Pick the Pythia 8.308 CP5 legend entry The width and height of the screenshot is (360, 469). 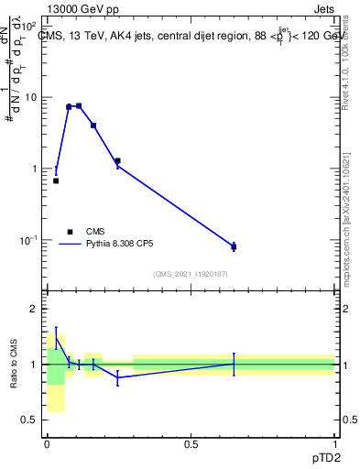point(115,245)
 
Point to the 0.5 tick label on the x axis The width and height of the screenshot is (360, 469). point(191,442)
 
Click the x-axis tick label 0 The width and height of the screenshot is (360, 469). point(47,442)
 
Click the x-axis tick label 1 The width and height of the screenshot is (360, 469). point(334,442)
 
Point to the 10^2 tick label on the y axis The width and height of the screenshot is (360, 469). point(29,25)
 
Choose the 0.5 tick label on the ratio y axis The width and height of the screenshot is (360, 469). point(31,420)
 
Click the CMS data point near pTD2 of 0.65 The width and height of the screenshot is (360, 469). point(234,246)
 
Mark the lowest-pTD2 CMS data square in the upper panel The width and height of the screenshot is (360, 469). point(56,180)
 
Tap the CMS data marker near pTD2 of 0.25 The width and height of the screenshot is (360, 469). point(117,161)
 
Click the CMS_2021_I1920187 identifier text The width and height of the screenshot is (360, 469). point(190,273)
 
